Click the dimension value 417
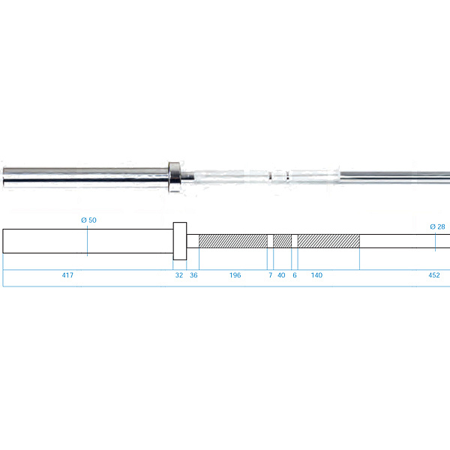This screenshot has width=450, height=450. pyautogui.click(x=67, y=275)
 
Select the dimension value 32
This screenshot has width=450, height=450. pyautogui.click(x=179, y=275)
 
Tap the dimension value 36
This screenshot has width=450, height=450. pyautogui.click(x=193, y=275)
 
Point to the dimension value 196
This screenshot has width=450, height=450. pyautogui.click(x=235, y=275)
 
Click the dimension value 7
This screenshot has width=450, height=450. pyautogui.click(x=270, y=275)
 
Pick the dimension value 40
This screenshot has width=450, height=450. pyautogui.click(x=281, y=275)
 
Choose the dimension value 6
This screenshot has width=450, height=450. pyautogui.click(x=295, y=275)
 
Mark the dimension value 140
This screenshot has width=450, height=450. pyautogui.click(x=316, y=275)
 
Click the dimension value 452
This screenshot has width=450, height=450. pyautogui.click(x=434, y=275)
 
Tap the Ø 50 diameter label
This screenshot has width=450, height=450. pyautogui.click(x=88, y=220)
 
